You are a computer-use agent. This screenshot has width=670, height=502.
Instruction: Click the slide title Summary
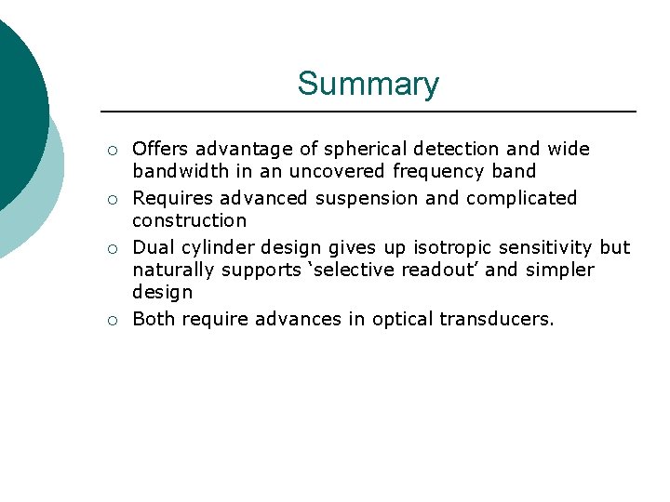(x=368, y=85)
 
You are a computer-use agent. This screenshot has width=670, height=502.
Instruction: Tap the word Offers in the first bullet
(x=160, y=149)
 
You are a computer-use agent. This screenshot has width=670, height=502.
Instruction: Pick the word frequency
(x=440, y=171)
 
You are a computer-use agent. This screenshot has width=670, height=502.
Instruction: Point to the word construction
(x=189, y=220)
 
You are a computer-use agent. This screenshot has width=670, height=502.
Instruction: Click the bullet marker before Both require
(x=112, y=320)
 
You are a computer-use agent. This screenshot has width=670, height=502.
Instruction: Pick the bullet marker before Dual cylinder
(x=112, y=248)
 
